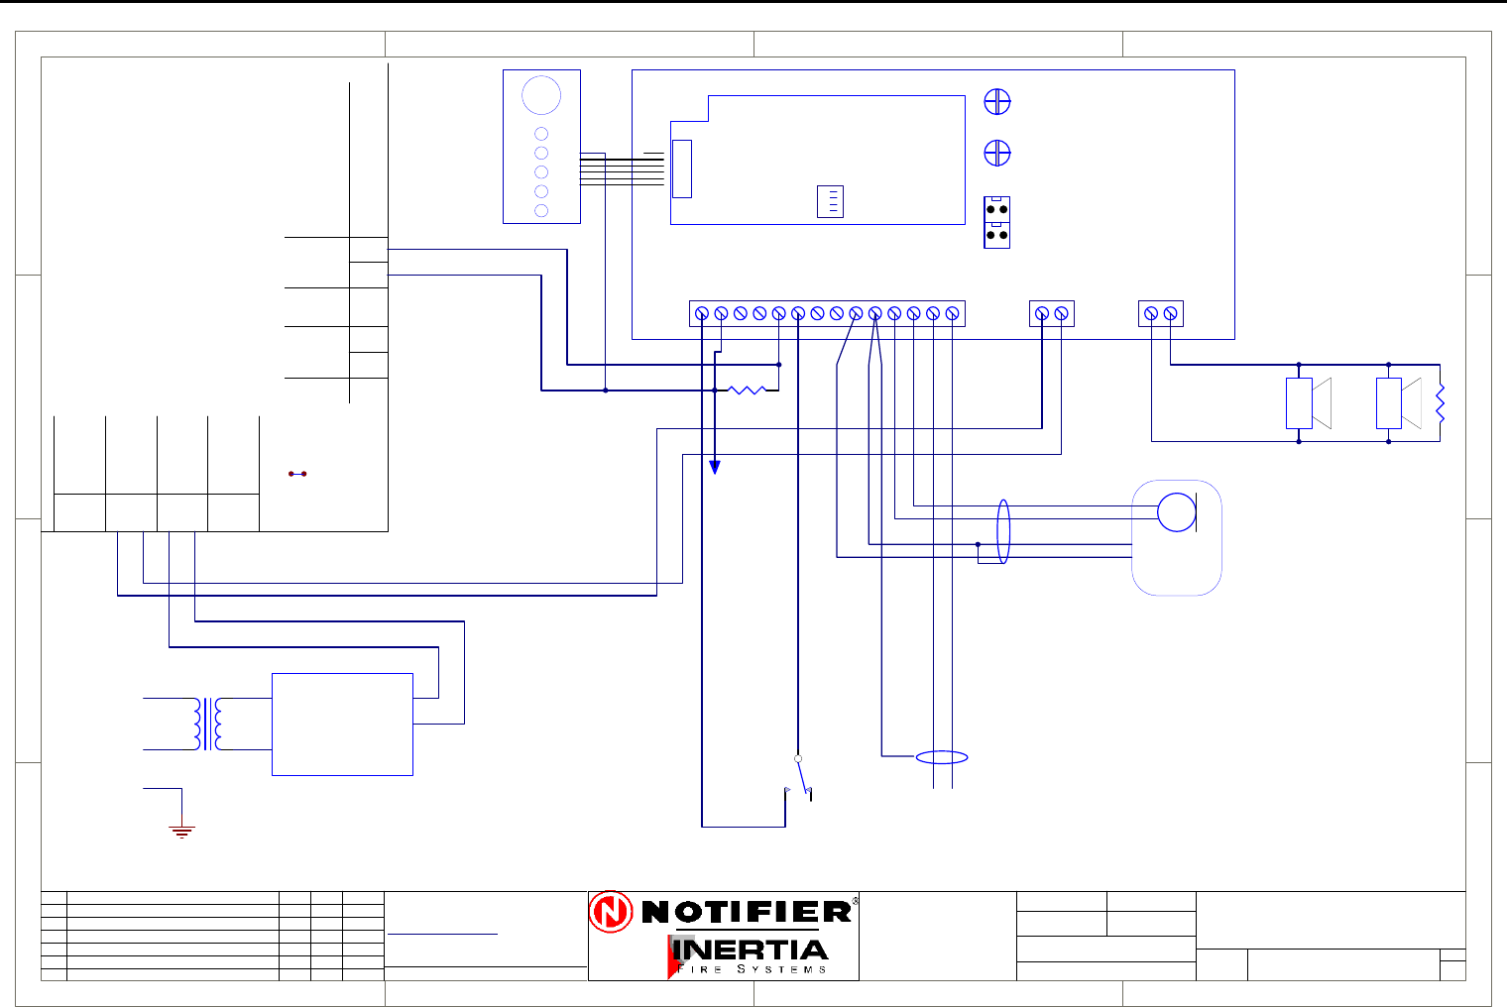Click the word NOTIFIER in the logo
[747, 912]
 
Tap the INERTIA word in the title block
[751, 951]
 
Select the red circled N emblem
[610, 912]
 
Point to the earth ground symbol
[181, 832]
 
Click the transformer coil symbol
[208, 725]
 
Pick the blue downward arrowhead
[714, 467]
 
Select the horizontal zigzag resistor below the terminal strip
[747, 391]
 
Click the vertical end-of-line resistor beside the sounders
[1440, 403]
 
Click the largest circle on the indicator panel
[541, 96]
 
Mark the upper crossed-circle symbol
[996, 101]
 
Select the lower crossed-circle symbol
[996, 153]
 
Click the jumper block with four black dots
[996, 223]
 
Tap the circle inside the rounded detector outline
[1176, 512]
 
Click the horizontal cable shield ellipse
[941, 757]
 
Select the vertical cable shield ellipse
[1002, 532]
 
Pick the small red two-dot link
[297, 474]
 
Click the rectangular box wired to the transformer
[342, 725]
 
